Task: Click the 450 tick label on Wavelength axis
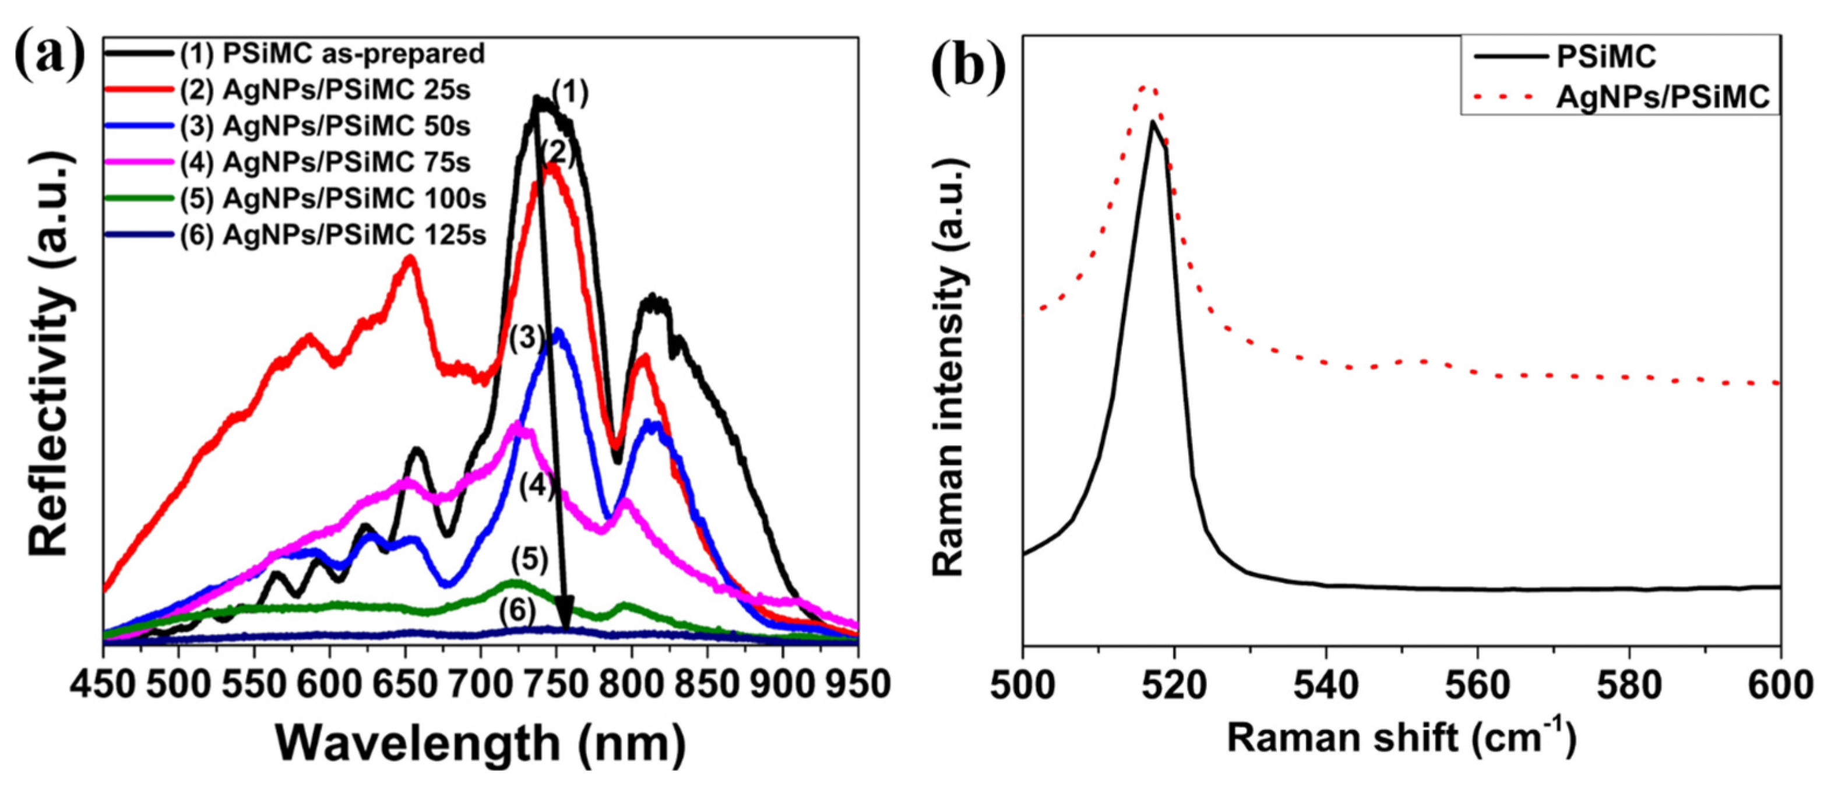click(103, 684)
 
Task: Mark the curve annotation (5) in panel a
click(530, 560)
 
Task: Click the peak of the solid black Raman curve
click(1153, 123)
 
